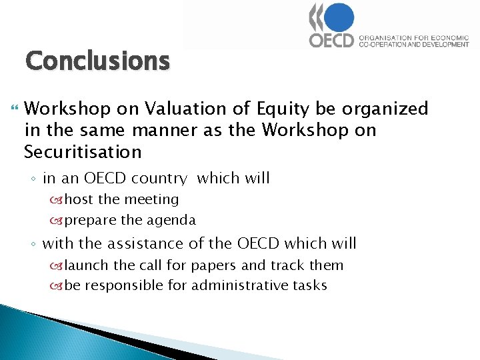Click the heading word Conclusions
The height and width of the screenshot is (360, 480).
97,61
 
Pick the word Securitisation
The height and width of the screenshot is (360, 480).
83,152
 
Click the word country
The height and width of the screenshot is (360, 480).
160,179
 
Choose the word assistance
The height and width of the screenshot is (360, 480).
145,243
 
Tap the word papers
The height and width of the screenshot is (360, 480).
213,265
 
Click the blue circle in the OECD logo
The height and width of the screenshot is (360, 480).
339,17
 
